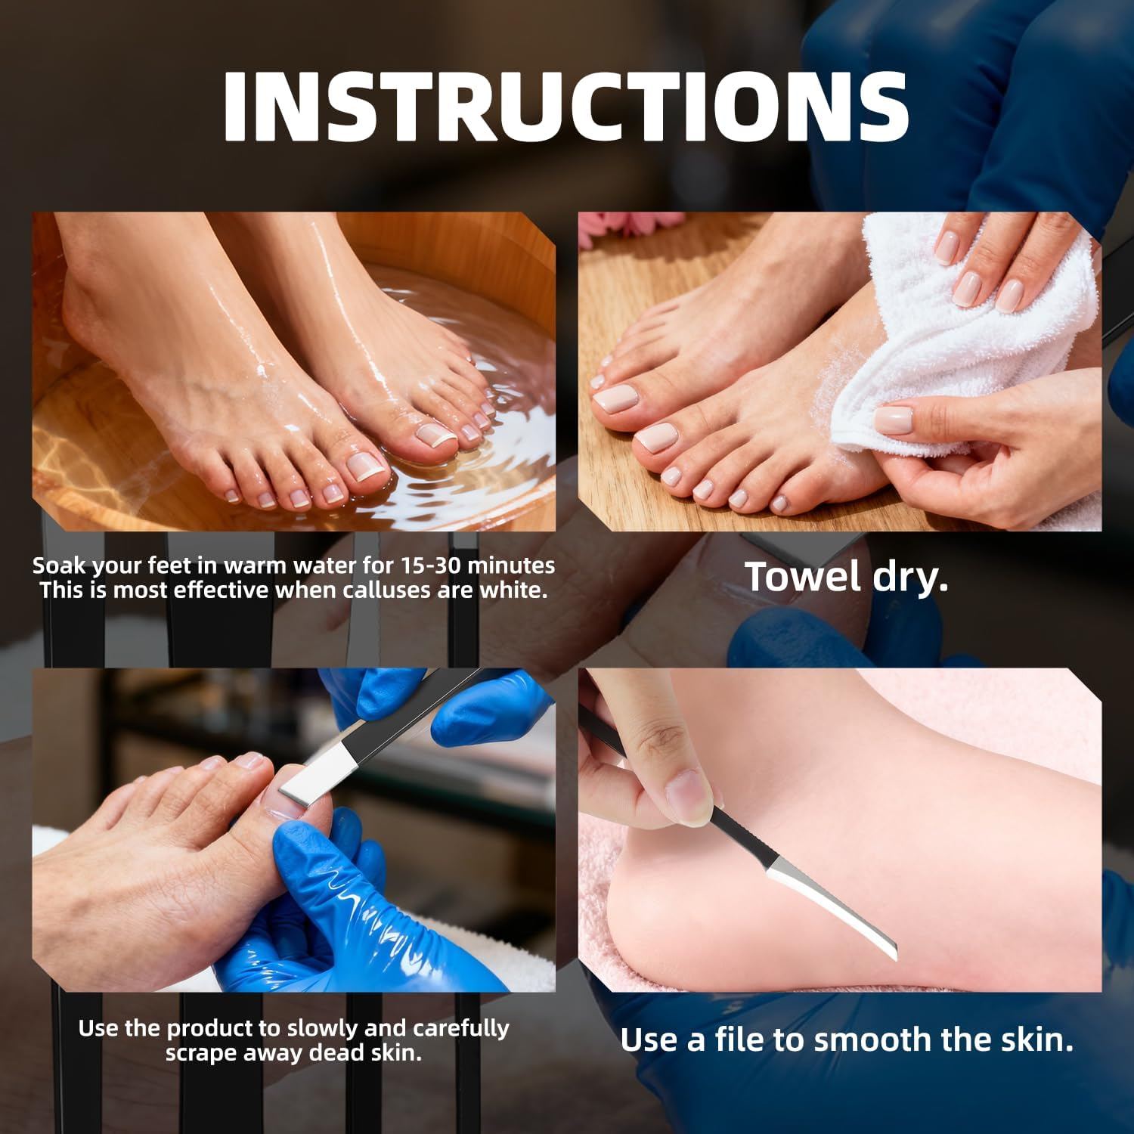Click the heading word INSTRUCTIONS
[565, 107]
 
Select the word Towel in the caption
[803, 577]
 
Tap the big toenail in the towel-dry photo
[615, 398]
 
